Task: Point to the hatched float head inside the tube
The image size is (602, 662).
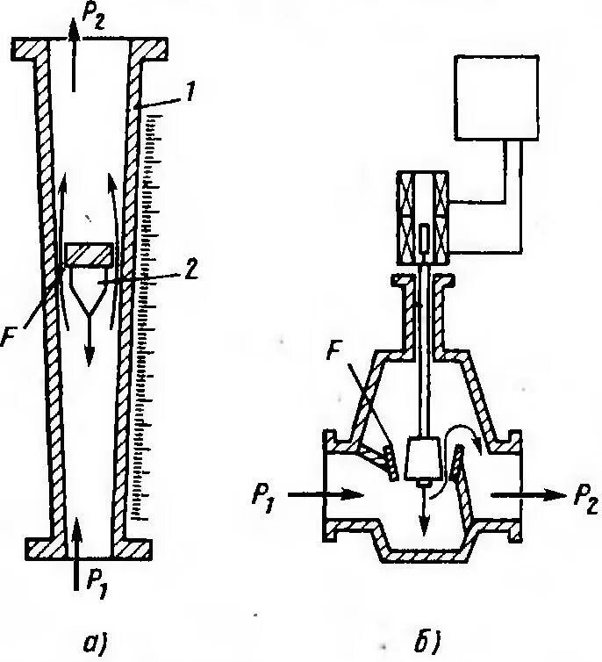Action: (x=89, y=255)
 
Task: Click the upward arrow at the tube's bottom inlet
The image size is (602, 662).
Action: (x=75, y=540)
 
